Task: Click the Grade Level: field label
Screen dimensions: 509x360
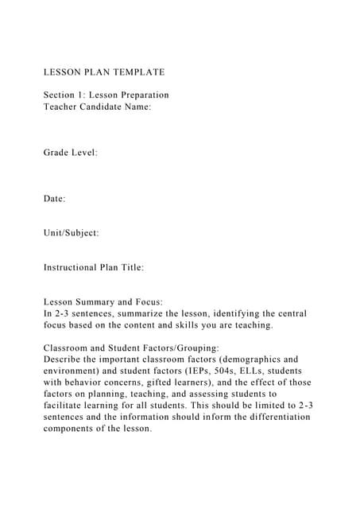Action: [71, 152]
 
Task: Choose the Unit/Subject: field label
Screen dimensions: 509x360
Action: [72, 233]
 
